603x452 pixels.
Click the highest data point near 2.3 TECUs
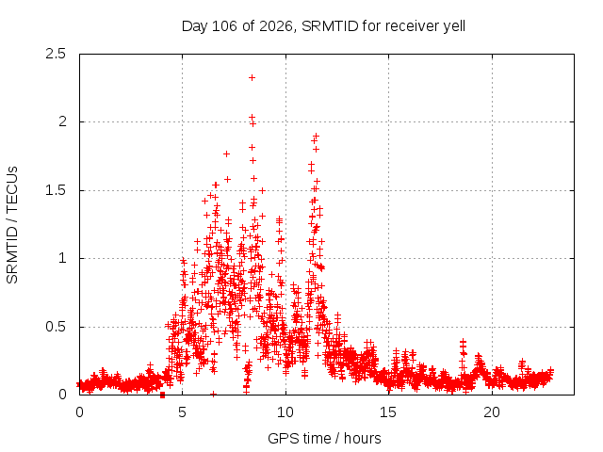coord(252,77)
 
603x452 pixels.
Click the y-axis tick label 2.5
coord(56,54)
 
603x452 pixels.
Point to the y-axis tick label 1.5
coord(56,190)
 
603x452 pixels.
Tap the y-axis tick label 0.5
coord(56,327)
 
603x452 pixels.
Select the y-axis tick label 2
coord(62,121)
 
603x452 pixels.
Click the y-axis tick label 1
coord(62,258)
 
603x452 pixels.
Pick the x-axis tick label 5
coord(182,412)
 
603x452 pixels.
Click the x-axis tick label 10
coord(285,412)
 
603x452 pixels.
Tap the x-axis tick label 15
coord(388,412)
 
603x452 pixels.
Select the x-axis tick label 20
coord(492,412)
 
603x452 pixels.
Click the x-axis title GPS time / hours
coord(324,438)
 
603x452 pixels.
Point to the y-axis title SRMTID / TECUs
coord(12,225)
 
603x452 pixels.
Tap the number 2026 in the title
coord(276,26)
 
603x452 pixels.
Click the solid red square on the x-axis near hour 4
coord(162,395)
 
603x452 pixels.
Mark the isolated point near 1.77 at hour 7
coord(226,154)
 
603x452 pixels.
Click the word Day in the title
coord(195,26)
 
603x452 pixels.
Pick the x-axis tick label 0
coord(79,412)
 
